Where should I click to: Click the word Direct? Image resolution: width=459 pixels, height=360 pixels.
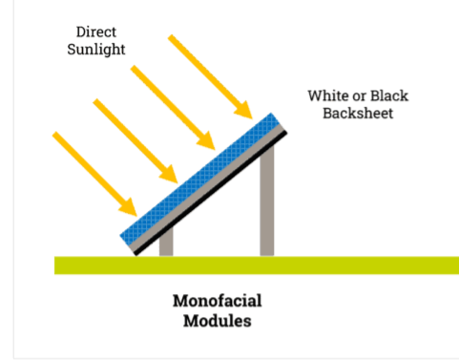[x=95, y=32]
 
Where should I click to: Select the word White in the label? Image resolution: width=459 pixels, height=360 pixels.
[x=327, y=96]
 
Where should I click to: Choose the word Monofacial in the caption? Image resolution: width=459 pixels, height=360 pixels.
[x=217, y=301]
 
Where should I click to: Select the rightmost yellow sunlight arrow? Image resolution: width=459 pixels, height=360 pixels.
[x=209, y=72]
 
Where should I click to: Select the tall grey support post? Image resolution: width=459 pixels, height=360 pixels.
[x=267, y=201]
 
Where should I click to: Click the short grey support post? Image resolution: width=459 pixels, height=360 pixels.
[x=166, y=244]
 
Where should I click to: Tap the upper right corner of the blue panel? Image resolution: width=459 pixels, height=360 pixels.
[x=278, y=116]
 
